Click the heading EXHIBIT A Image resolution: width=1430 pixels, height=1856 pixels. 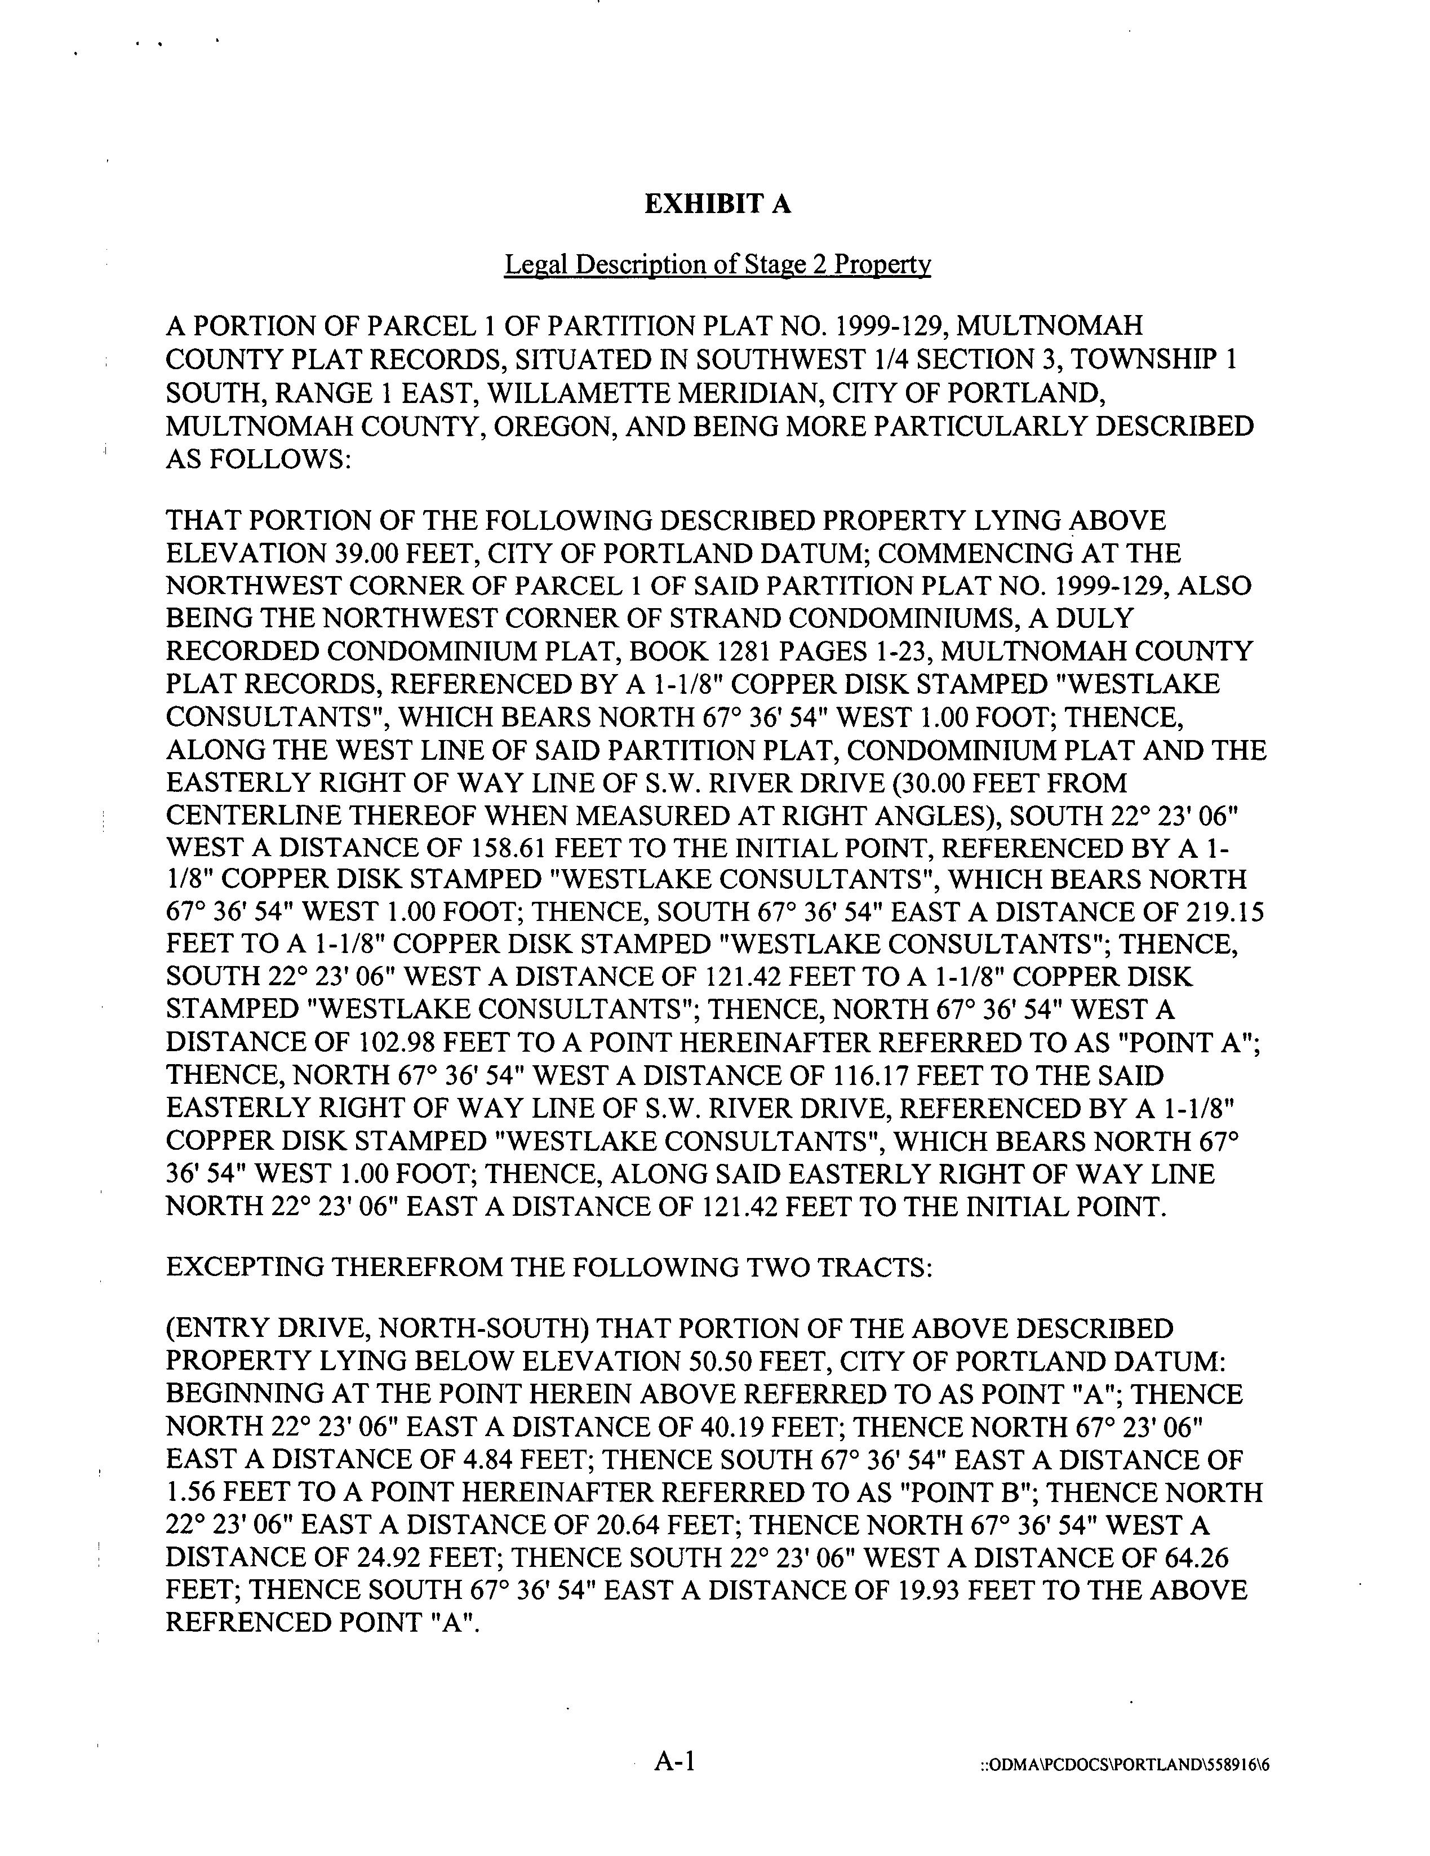coord(716,204)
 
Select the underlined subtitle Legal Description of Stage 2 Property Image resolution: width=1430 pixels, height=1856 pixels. coord(717,265)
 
